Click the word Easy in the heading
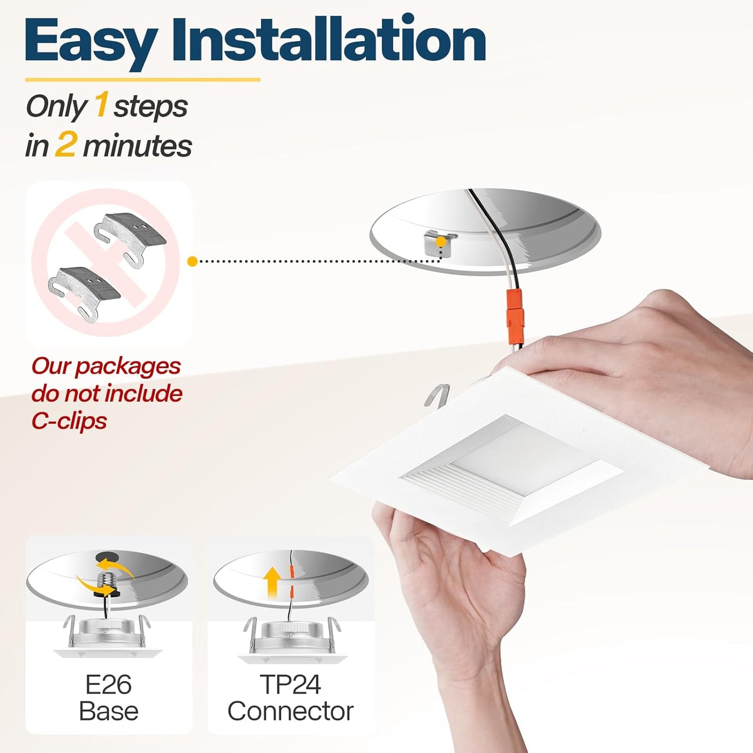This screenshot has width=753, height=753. coord(89,42)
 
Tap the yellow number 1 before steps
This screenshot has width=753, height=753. coord(101,106)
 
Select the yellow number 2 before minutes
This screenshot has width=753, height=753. coord(65,145)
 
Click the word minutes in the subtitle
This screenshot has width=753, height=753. coord(137,146)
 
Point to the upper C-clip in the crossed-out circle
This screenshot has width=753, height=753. coord(130,233)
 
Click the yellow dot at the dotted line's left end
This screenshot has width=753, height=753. coord(192,262)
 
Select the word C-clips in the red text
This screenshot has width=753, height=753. coord(69,421)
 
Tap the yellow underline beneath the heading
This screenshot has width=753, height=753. coord(143,80)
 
